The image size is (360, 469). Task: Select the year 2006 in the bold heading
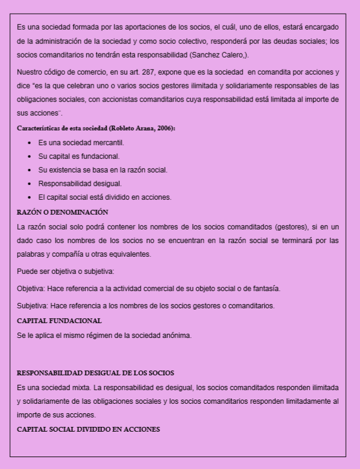(x=164, y=127)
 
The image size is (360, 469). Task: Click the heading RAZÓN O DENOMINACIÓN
(x=62, y=212)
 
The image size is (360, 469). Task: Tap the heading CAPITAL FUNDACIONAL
(x=59, y=321)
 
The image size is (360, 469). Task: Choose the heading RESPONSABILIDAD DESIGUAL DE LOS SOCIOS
(x=95, y=373)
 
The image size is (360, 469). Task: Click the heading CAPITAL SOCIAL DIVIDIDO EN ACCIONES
(x=88, y=429)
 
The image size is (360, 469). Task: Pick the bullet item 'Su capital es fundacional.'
(x=79, y=156)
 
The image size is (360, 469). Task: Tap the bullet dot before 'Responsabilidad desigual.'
(x=30, y=184)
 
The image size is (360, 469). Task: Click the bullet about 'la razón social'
(x=103, y=170)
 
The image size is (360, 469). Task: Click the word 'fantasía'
(x=265, y=289)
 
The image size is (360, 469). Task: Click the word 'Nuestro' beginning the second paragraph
(x=30, y=72)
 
